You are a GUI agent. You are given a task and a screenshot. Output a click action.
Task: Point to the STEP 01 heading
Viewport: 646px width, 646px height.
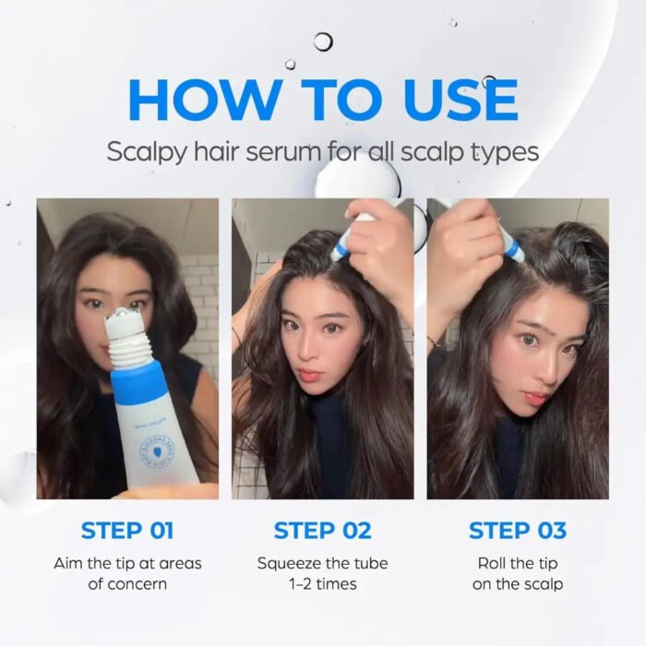[x=127, y=531]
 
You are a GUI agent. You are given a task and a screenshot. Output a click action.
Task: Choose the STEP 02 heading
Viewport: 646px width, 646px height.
[x=323, y=531]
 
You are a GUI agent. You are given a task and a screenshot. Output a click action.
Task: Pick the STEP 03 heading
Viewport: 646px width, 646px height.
[x=518, y=531]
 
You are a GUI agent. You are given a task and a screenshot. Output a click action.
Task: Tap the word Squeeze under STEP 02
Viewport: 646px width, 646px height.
[x=289, y=563]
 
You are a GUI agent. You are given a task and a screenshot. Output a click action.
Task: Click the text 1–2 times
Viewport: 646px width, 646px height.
[x=323, y=584]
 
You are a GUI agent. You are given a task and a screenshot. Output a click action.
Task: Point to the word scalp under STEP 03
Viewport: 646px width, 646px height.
[x=543, y=584]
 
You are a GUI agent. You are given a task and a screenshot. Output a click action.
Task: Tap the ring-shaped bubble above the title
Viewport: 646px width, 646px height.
[x=323, y=42]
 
